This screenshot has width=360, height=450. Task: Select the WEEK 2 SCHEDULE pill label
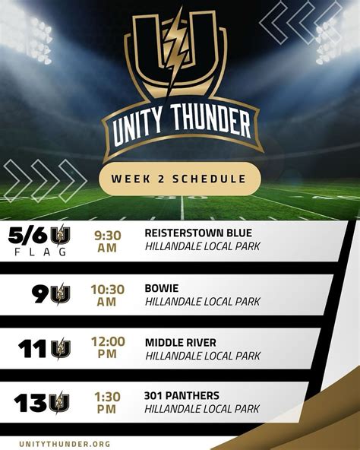[179, 179]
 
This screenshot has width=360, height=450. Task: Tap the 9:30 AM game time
[106, 240]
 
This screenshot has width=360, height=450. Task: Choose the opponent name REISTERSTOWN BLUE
[197, 232]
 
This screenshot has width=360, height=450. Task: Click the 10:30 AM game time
[106, 295]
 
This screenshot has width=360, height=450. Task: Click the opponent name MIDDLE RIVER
[180, 342]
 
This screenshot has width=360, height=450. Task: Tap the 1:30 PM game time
[107, 401]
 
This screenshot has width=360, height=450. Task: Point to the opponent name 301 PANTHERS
[182, 395]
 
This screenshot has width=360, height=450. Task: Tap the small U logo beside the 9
[60, 296]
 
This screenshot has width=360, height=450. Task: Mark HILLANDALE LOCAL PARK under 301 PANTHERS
[202, 409]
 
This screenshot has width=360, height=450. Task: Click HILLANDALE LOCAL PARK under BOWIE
[202, 302]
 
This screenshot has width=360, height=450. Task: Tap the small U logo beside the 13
[59, 402]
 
